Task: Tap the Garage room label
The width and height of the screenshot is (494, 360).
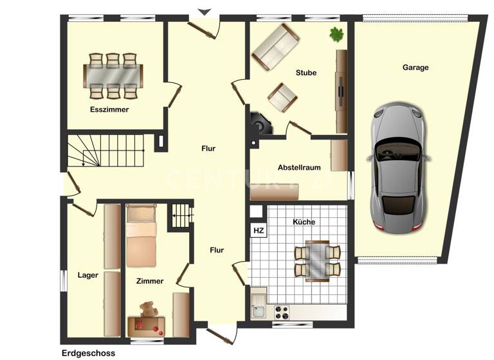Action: click(416, 67)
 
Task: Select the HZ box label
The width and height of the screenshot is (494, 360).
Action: click(258, 230)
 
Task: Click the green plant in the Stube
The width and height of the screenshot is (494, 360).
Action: click(336, 34)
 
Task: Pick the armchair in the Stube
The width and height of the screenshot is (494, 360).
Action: click(282, 97)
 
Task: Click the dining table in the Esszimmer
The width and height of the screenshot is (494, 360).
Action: click(113, 75)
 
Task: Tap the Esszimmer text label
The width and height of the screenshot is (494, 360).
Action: click(109, 110)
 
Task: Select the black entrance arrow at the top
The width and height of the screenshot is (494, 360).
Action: click(205, 12)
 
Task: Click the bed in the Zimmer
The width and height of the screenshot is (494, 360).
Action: click(142, 235)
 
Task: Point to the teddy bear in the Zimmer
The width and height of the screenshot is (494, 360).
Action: click(149, 310)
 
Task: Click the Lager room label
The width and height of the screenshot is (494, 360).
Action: click(88, 275)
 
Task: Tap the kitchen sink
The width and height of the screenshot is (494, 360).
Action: click(259, 312)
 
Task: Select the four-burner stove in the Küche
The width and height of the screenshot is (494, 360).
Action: click(282, 312)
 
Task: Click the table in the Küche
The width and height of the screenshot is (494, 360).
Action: click(317, 260)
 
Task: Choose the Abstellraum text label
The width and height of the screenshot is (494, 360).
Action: click(299, 168)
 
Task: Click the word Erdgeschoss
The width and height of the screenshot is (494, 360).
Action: click(87, 353)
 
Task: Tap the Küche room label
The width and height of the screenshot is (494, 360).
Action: click(304, 222)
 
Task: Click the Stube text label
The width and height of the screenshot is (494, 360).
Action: click(306, 73)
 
